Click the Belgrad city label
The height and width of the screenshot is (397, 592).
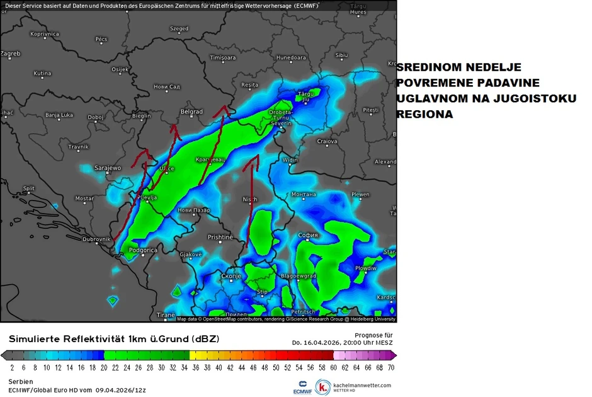coord(191,112)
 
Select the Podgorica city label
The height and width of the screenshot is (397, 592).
coord(142,250)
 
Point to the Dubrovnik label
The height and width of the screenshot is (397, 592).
coord(96,239)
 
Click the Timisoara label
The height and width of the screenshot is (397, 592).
coord(222,57)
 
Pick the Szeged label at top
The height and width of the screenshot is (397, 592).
coord(179,28)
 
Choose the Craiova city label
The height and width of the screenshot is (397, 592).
coord(327,141)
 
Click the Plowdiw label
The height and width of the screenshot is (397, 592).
coord(365,268)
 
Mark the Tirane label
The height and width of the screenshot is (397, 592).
coord(165,314)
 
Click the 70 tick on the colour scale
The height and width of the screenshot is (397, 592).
coord(391,366)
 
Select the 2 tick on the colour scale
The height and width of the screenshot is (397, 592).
coord(12,366)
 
